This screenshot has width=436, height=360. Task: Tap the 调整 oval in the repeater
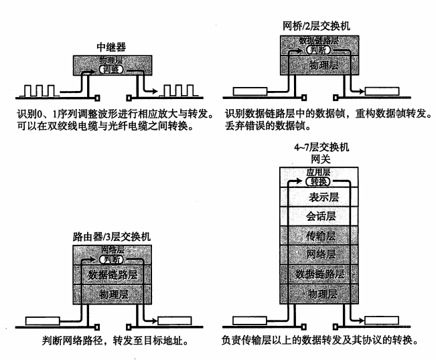coord(111,69)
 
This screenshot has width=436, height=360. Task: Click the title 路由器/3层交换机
coord(112,237)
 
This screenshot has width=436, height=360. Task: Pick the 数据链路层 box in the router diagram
coord(112,274)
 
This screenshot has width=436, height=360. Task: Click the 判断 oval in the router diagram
coord(112,258)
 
